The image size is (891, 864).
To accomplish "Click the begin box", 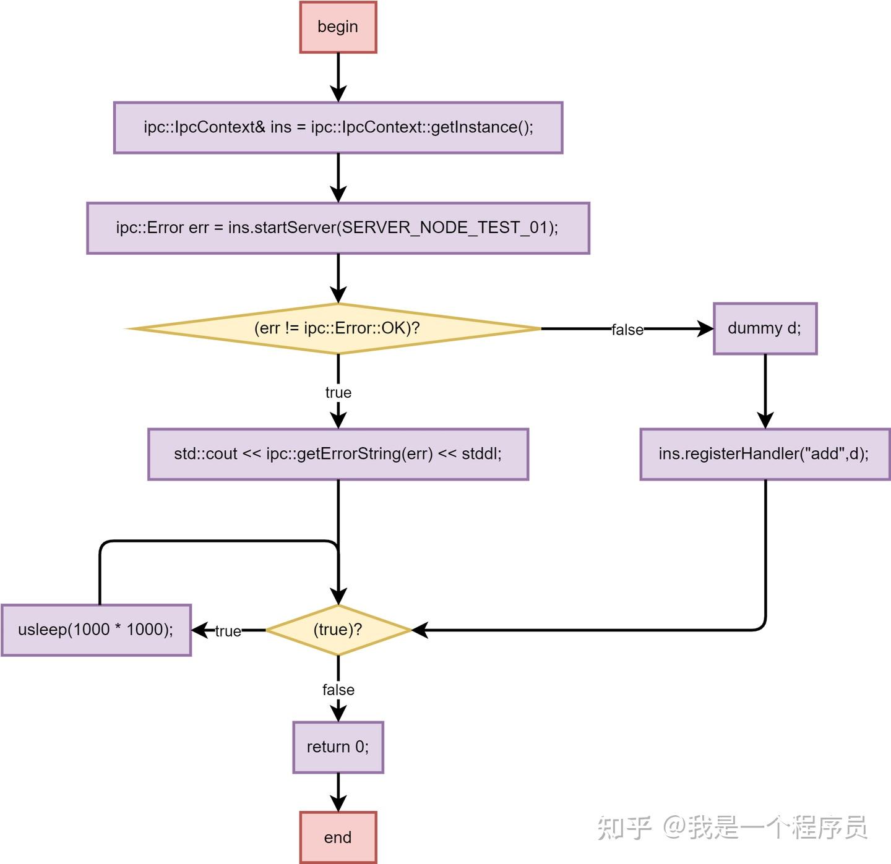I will coord(338,27).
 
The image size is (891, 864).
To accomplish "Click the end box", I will coord(338,837).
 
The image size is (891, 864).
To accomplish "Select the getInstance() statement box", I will coord(338,127).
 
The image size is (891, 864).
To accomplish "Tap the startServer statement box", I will coord(338,228).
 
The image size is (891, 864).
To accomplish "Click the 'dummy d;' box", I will coord(765,328).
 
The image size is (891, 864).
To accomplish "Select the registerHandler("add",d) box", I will coord(765,454).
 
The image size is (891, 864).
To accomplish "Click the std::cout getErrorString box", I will coord(338,454).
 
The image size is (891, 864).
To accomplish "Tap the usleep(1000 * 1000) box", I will coord(96,630).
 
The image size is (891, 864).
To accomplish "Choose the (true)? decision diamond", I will coord(338,630).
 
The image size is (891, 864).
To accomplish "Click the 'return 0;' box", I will coord(338,747).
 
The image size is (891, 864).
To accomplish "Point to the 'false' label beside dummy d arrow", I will coord(627,330).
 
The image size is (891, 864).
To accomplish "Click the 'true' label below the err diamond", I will coord(338,393).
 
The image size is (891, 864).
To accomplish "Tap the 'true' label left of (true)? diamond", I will coord(228,631).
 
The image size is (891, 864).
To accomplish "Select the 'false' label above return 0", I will coord(338,690).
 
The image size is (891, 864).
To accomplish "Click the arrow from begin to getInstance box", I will coord(338,77).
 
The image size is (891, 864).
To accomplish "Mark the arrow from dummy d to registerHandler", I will coord(765,391).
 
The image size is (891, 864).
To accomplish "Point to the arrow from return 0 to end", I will coord(338,792).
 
